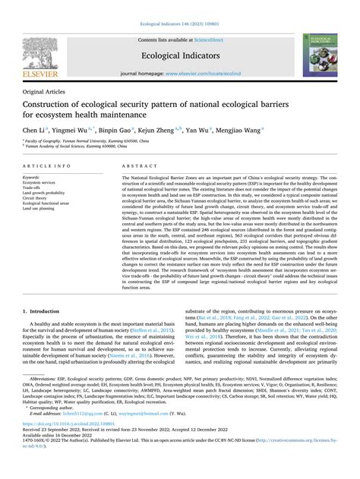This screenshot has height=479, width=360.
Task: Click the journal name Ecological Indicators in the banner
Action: [x=180, y=55]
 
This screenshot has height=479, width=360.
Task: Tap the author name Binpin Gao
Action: [x=120, y=131]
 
